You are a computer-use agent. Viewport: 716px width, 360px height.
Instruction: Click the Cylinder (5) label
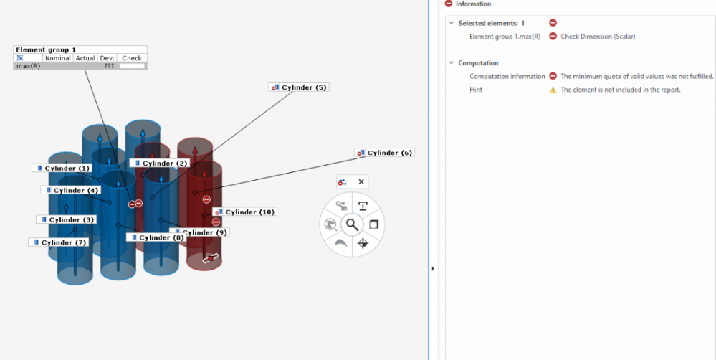[299, 87]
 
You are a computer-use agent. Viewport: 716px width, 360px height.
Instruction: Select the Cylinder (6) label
[384, 153]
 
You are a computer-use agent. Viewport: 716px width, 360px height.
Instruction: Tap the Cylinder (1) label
[62, 168]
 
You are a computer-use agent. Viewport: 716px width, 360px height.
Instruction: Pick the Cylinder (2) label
[159, 163]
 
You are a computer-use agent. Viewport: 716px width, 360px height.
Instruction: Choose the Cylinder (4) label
[71, 190]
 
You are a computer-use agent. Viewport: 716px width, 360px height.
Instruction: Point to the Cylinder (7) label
[59, 242]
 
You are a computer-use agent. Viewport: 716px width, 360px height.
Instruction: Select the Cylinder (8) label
[156, 237]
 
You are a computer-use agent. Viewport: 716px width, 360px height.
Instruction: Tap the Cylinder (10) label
[244, 212]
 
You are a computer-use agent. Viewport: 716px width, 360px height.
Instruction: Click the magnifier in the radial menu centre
[352, 224]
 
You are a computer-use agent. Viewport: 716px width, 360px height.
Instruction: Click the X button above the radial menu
[361, 182]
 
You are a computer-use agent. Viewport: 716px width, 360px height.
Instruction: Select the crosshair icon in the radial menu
[363, 243]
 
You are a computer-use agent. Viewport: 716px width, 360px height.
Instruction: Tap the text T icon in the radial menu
[363, 206]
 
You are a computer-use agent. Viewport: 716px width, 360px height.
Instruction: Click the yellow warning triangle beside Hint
[553, 90]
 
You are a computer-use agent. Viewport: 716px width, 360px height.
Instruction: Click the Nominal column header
[58, 58]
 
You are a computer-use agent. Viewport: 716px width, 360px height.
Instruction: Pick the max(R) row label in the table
[29, 66]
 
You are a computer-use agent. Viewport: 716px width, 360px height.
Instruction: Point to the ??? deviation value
[109, 66]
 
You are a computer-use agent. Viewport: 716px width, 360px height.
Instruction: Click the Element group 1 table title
[46, 49]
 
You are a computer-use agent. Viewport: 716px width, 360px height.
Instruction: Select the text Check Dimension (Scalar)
[598, 37]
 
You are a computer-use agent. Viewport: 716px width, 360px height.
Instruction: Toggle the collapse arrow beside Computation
[451, 63]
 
